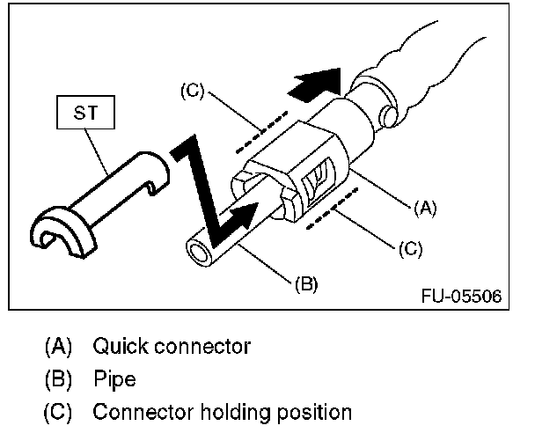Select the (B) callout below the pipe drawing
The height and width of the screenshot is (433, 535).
[x=304, y=283]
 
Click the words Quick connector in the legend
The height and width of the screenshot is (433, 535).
[x=172, y=346]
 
